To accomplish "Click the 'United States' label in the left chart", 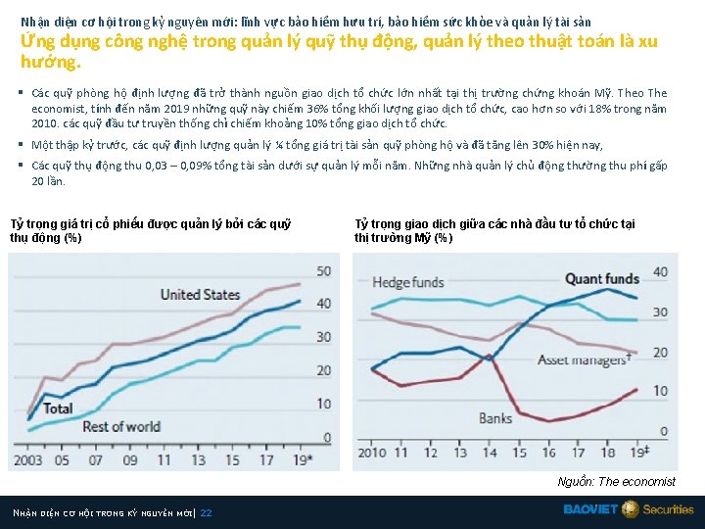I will click(x=200, y=294).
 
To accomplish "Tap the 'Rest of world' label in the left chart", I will click(x=121, y=426).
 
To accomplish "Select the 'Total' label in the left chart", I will click(x=58, y=408).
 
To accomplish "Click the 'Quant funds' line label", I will click(x=602, y=279).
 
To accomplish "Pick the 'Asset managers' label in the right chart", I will click(x=583, y=360).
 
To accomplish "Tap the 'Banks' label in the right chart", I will click(x=495, y=418).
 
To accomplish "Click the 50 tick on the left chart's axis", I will click(x=322, y=270).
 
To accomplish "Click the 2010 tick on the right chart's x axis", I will click(x=372, y=452).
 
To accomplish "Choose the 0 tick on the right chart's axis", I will click(x=663, y=431).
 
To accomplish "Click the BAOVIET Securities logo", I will click(x=628, y=509).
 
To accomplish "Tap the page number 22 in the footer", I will click(x=206, y=512).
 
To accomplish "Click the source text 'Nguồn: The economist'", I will click(x=616, y=481).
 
